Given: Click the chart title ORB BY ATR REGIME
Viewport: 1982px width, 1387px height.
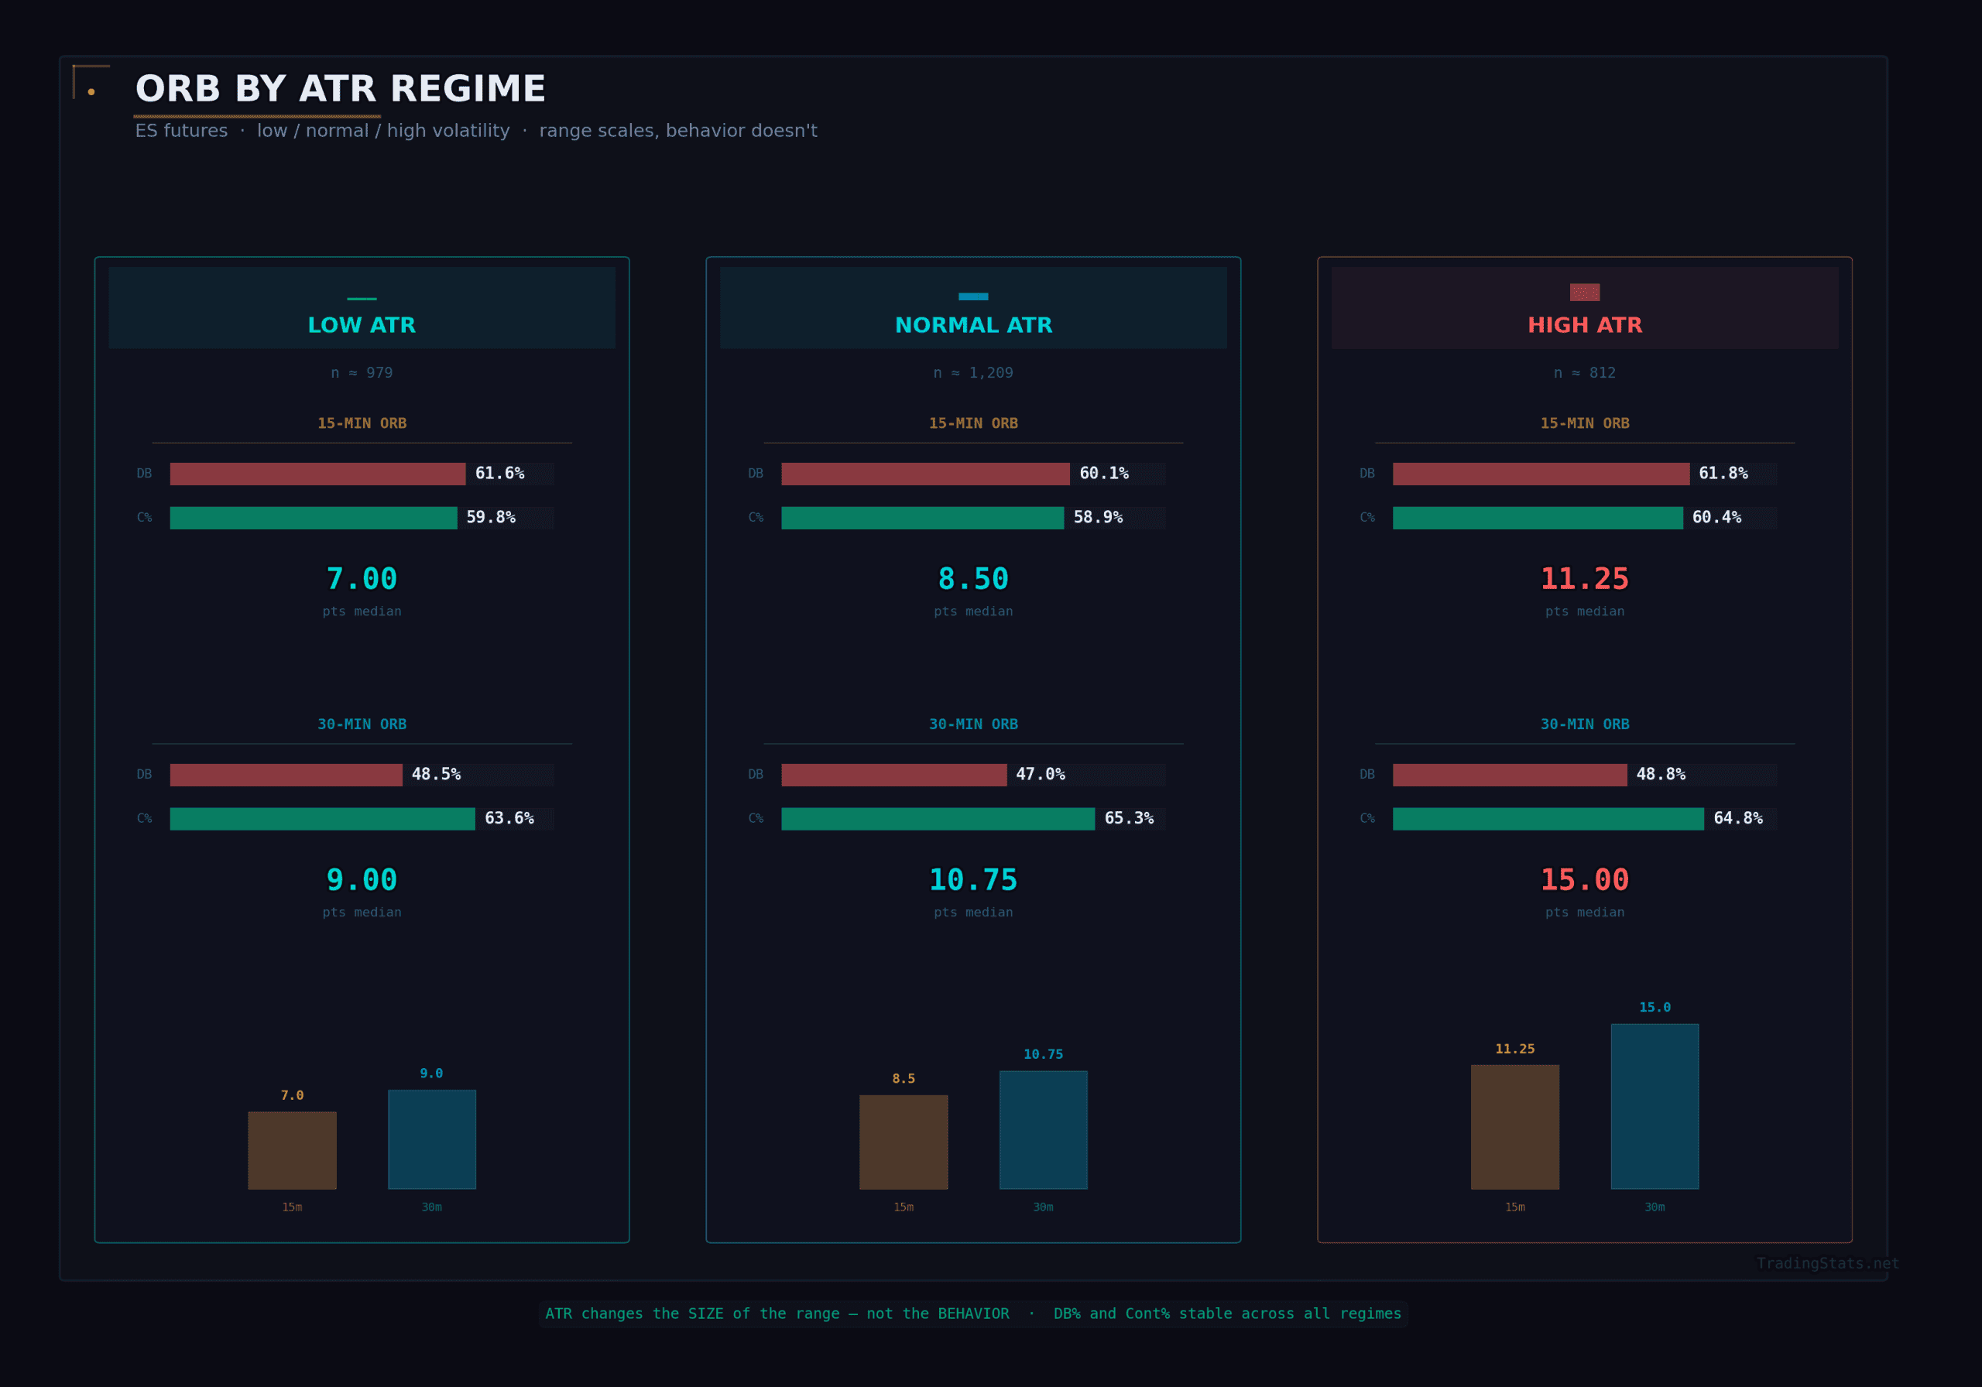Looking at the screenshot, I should pyautogui.click(x=340, y=90).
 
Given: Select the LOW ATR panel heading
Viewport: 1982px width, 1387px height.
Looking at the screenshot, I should pyautogui.click(x=362, y=325).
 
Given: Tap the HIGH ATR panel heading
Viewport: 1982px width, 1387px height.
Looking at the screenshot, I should pyautogui.click(x=1584, y=325).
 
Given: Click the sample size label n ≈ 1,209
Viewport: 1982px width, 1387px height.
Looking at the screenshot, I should pyautogui.click(x=973, y=373).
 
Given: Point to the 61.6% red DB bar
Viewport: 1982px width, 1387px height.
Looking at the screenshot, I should pyautogui.click(x=317, y=474).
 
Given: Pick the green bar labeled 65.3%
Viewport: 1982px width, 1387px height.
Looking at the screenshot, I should pyautogui.click(x=938, y=818).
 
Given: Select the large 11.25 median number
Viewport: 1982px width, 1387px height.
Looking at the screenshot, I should pyautogui.click(x=1584, y=579).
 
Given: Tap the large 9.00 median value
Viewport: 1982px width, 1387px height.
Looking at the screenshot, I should pyautogui.click(x=362, y=879).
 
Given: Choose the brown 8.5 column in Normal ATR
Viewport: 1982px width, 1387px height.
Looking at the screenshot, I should pyautogui.click(x=903, y=1141).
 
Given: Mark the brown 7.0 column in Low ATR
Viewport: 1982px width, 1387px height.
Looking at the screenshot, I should pyautogui.click(x=292, y=1149).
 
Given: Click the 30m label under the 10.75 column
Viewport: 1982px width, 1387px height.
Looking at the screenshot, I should pyautogui.click(x=1043, y=1207).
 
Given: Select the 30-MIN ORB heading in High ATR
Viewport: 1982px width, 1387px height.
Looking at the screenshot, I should pyautogui.click(x=1584, y=724).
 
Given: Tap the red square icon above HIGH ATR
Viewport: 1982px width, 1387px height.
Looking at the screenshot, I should pyautogui.click(x=1584, y=293).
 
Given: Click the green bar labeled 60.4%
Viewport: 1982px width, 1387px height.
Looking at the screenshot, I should pyautogui.click(x=1537, y=518).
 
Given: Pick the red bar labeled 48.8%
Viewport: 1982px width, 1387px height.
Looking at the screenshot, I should pyautogui.click(x=1509, y=774).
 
